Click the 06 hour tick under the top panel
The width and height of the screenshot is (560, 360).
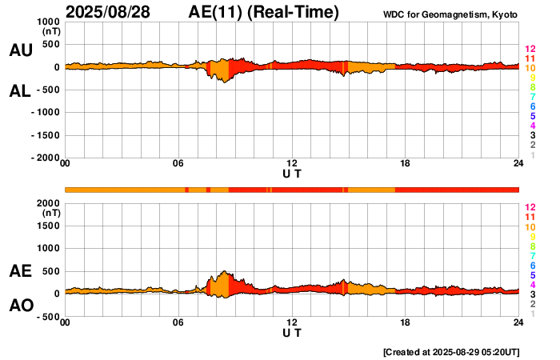tap(178, 165)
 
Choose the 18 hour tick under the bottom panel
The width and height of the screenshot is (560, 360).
tap(405, 322)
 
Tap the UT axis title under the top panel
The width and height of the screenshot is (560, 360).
tap(292, 174)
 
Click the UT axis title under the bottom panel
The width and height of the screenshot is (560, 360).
tap(292, 332)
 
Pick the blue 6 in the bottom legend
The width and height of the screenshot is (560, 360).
tap(532, 265)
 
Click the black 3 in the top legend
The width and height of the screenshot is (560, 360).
tap(532, 136)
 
